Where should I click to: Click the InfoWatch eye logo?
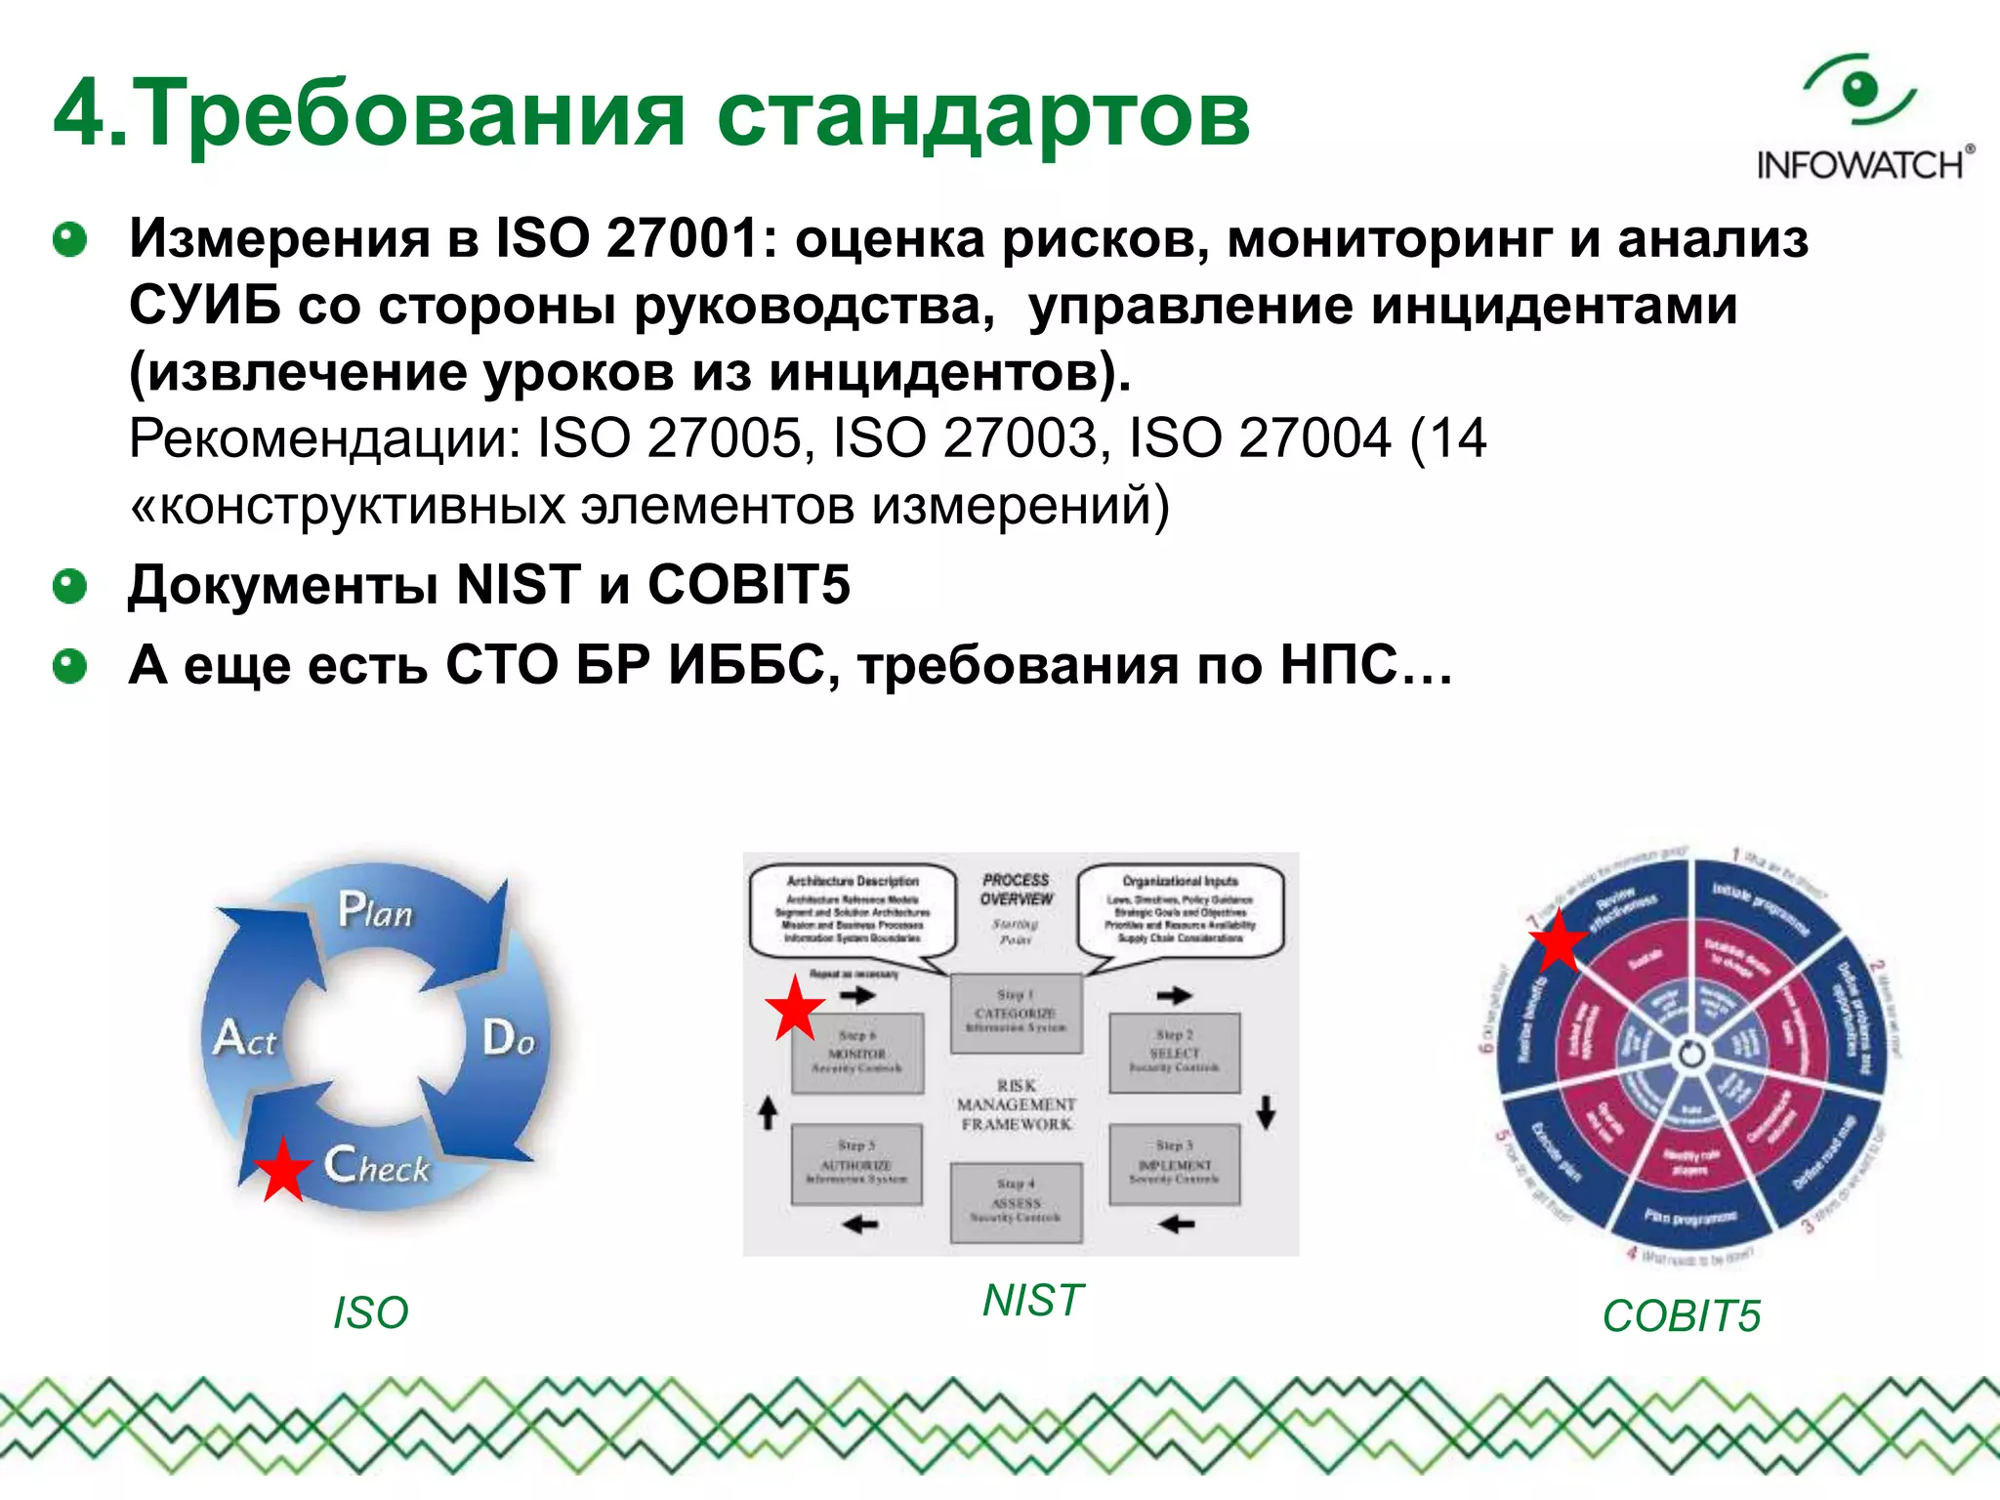1861,91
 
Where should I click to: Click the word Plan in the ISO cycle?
375,910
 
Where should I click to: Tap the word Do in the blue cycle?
509,1037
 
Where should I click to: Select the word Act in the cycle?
245,1038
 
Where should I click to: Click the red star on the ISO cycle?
282,1169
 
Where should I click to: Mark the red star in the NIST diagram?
795,1008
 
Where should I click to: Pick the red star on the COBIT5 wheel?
1558,940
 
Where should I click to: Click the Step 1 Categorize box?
1016,1014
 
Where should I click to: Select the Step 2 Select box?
1174,1053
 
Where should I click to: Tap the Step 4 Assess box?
1016,1202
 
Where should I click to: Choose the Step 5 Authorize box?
855,1164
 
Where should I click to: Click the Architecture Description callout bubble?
853,909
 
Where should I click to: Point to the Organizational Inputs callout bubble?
1180,909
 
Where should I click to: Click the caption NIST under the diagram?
1033,1301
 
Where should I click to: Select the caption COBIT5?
1681,1316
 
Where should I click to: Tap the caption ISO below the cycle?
370,1312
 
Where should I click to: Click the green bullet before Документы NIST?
69,586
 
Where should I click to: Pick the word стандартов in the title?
982,115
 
